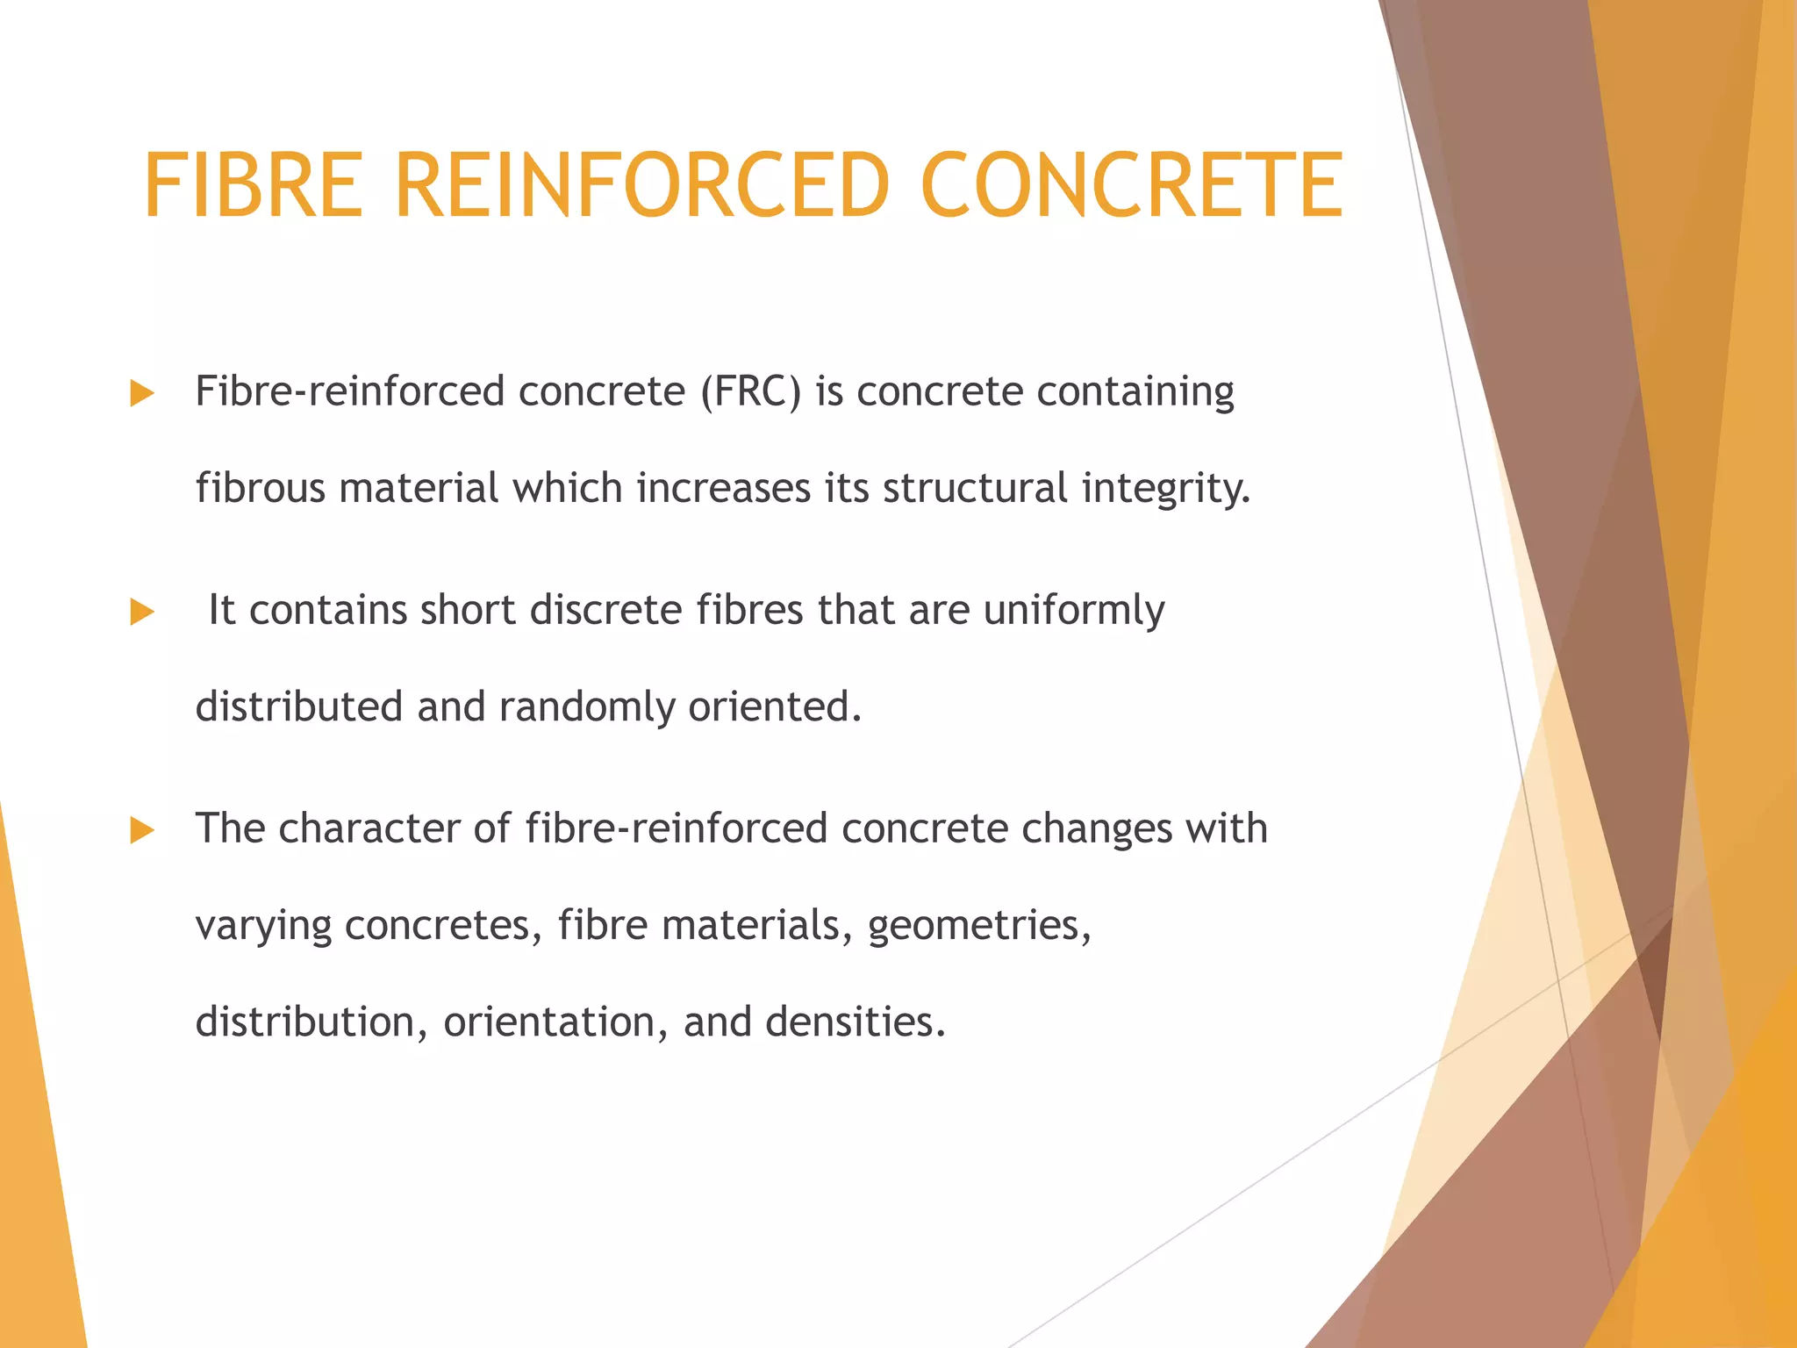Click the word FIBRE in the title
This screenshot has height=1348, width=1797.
[253, 185]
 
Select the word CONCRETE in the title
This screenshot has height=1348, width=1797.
[1132, 185]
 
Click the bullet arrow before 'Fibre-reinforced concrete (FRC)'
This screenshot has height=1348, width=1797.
[141, 393]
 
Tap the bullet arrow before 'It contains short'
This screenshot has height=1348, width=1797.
[141, 612]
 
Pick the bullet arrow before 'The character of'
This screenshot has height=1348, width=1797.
[141, 830]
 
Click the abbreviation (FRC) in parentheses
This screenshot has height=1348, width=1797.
[750, 391]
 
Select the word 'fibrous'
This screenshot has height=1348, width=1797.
[260, 488]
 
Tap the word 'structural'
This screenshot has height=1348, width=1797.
[975, 488]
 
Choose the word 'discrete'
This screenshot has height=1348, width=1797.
[605, 610]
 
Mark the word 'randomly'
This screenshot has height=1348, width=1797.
[586, 707]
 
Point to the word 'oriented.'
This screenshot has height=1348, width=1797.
[775, 707]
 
